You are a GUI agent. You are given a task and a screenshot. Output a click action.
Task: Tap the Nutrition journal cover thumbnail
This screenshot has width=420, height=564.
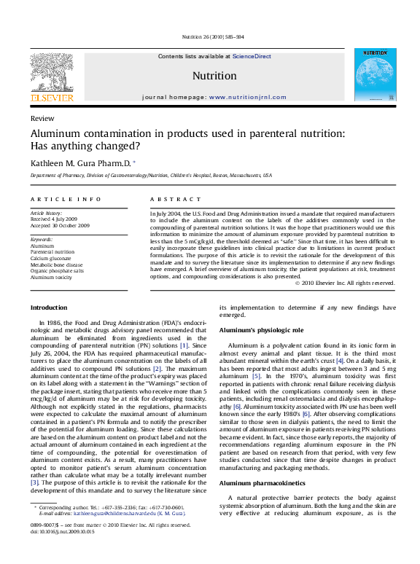tap(375, 75)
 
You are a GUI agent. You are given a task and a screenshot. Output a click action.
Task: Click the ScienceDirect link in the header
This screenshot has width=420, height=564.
tap(252, 56)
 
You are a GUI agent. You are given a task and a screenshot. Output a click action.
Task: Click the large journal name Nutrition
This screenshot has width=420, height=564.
tap(214, 76)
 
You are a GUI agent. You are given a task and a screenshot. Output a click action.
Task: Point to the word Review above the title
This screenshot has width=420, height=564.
tap(42, 118)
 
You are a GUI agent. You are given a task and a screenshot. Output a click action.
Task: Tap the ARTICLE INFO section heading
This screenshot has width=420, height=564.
tap(66, 199)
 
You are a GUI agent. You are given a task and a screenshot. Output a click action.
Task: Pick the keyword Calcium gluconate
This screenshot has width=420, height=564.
tap(51, 259)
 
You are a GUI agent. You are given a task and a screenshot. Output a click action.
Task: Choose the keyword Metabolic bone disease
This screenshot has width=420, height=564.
tap(56, 265)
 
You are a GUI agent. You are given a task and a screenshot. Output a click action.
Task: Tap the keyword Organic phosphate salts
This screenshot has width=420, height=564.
tap(57, 272)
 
